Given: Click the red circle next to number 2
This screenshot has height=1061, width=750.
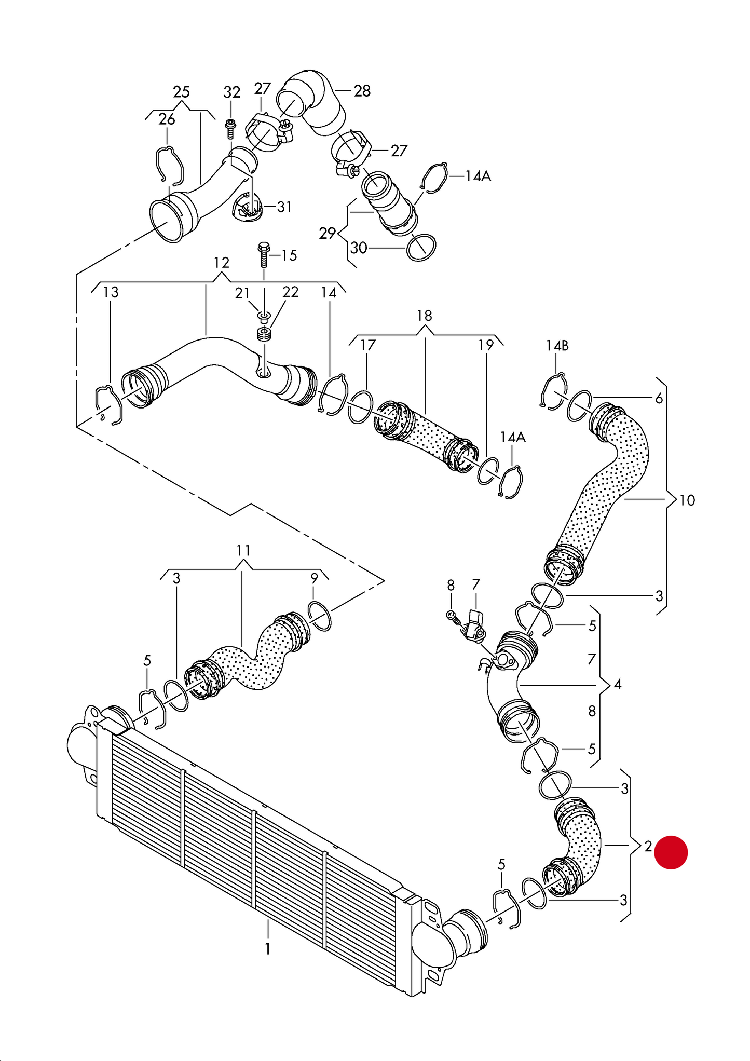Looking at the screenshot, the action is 671,852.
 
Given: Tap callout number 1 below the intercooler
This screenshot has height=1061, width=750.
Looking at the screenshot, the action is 267,949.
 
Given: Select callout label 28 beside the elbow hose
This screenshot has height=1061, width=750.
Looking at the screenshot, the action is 362,91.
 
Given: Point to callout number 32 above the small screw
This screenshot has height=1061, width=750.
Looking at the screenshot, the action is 232,92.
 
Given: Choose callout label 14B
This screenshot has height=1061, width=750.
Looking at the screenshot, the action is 557,345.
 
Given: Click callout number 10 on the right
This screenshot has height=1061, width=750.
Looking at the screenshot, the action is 687,500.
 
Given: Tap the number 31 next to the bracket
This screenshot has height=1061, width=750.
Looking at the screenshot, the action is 284,207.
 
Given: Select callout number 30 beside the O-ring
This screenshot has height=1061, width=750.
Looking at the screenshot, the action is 359,248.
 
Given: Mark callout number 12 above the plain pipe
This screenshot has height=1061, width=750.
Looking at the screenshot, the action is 222,263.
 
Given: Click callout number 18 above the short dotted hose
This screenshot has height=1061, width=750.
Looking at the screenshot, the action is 425,316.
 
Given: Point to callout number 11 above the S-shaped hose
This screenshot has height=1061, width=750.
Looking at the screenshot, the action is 243,550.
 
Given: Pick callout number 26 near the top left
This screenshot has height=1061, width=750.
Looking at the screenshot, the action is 167,119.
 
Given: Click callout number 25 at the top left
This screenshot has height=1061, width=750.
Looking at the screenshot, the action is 181,92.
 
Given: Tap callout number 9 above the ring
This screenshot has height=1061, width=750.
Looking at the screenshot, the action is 315,578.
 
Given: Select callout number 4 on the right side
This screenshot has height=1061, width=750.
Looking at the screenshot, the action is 618,684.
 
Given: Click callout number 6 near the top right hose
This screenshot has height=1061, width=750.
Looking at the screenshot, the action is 659,398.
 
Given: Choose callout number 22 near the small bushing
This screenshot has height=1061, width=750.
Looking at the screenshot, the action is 291,292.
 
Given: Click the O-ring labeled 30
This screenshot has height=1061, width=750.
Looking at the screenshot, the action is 421,248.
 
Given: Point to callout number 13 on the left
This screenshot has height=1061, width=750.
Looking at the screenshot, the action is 111,292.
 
